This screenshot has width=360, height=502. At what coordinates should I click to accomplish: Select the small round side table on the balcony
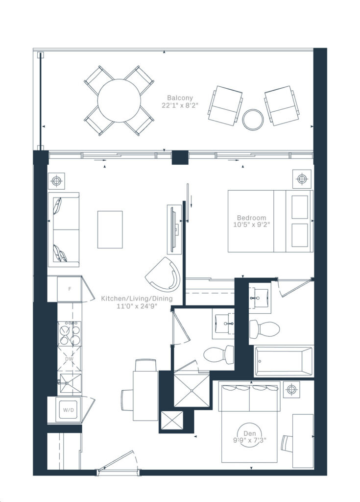coord(254,119)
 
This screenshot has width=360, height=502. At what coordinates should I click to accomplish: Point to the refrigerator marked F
coord(70,289)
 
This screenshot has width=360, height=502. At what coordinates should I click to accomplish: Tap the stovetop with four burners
coord(70,333)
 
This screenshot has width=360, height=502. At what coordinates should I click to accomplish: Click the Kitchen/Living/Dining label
coord(129,298)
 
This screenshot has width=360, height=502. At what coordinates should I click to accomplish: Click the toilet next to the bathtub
coord(264,328)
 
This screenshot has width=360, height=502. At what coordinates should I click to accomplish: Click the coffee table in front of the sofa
coord(110,229)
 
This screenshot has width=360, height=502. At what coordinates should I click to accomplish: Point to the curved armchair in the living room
coord(164,275)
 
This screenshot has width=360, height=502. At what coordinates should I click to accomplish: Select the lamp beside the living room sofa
coord(57,181)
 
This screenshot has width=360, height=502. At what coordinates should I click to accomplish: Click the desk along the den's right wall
coord(303,440)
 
